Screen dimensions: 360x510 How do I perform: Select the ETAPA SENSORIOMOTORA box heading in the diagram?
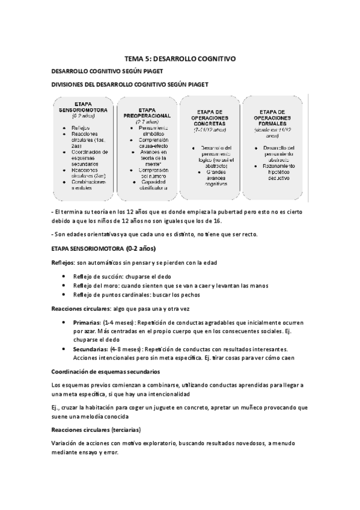pyautogui.click(x=82, y=107)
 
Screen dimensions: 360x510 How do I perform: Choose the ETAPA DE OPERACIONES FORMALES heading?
pyautogui.click(x=273, y=117)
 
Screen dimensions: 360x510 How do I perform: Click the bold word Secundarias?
pyautogui.click(x=90, y=349)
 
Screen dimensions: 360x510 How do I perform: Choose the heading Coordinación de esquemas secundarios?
pyautogui.click(x=106, y=371)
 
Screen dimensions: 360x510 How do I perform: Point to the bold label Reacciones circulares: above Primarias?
pyautogui.click(x=81, y=309)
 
